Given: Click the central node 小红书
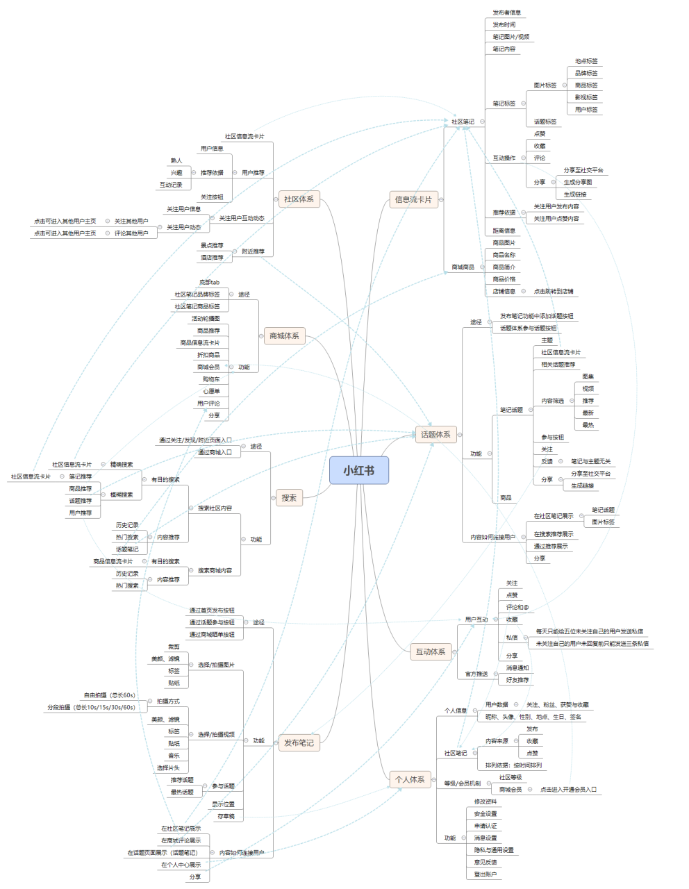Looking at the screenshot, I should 358,471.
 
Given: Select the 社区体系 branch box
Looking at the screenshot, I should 299,199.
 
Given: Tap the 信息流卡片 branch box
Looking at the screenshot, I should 413,199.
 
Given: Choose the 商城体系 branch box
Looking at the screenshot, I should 284,335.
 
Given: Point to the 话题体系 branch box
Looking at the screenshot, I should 435,435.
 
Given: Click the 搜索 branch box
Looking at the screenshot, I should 289,497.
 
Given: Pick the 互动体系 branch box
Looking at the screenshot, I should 431,651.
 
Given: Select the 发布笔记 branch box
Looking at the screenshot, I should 299,742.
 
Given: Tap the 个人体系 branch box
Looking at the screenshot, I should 410,779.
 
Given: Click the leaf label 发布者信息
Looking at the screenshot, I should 506,13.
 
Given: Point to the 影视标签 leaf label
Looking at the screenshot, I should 586,97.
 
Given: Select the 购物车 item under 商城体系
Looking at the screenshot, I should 211,379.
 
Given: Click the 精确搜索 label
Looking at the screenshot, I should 122,464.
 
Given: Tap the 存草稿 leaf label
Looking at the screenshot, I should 226,816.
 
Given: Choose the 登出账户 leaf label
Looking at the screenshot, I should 485,874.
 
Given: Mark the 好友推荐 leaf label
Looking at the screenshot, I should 517,680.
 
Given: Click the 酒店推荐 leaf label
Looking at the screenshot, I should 212,258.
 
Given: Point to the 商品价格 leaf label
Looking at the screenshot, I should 504,279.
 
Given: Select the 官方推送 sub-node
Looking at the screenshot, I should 476,674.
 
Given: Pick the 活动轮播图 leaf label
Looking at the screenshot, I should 206,319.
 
